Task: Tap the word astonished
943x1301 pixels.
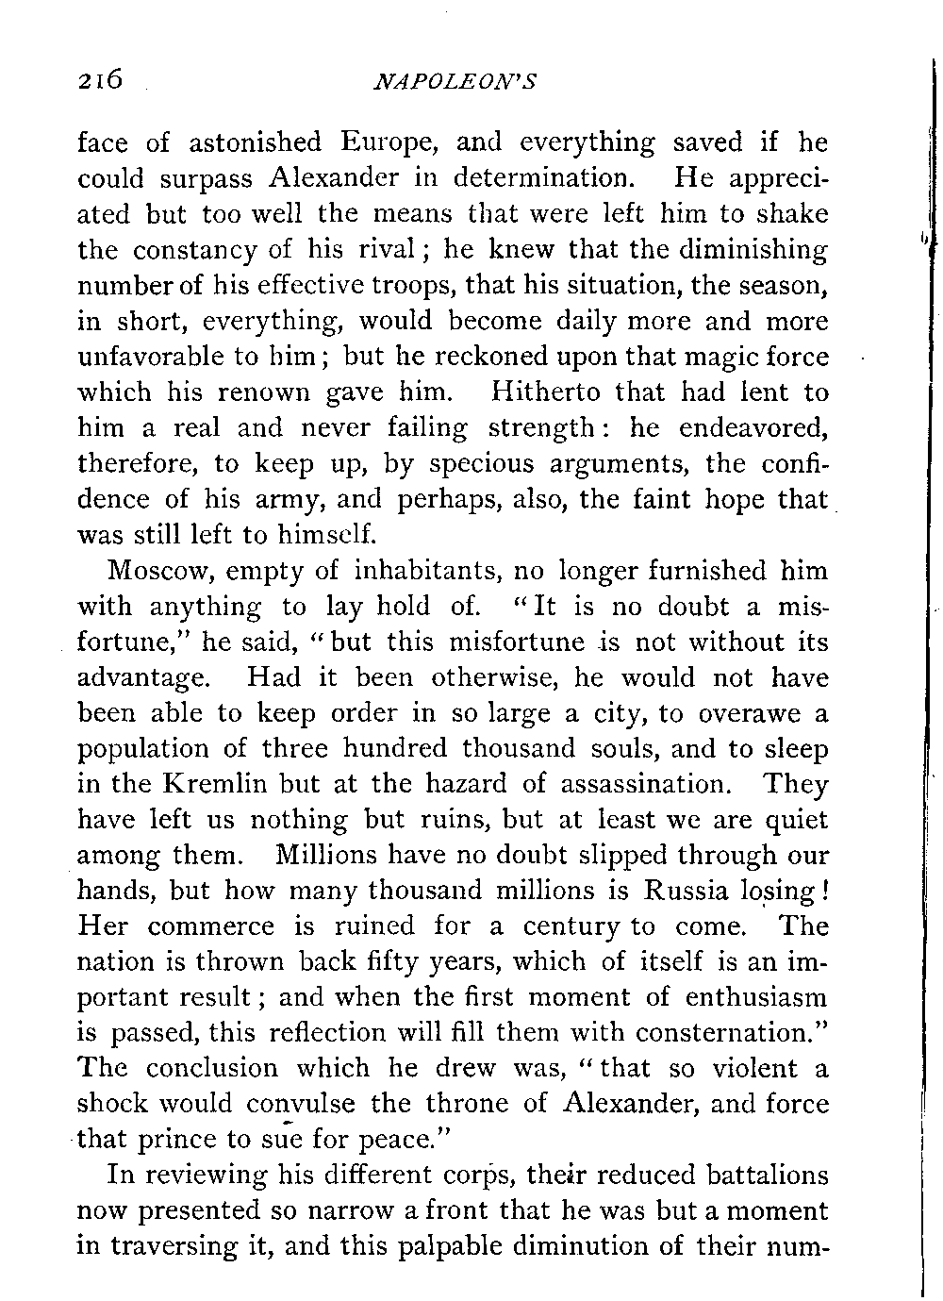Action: pyautogui.click(x=255, y=143)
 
